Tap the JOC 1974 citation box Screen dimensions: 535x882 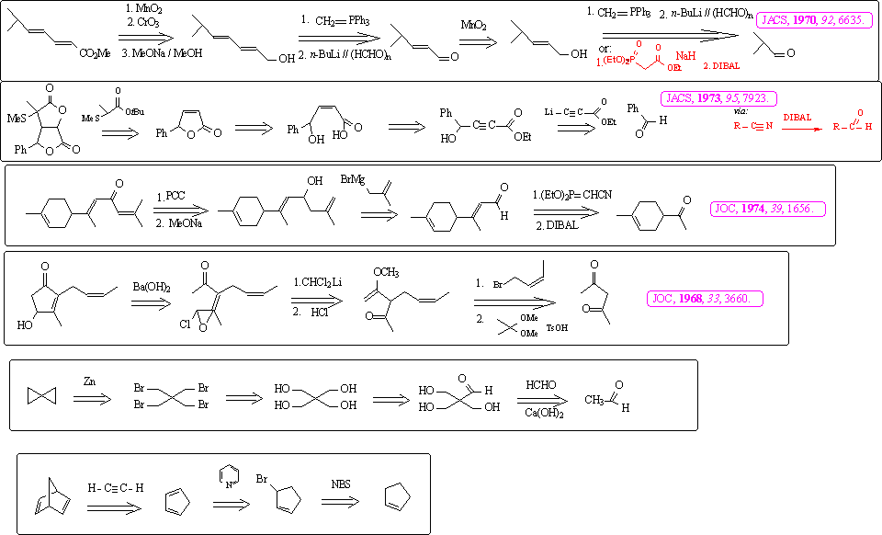coord(768,210)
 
